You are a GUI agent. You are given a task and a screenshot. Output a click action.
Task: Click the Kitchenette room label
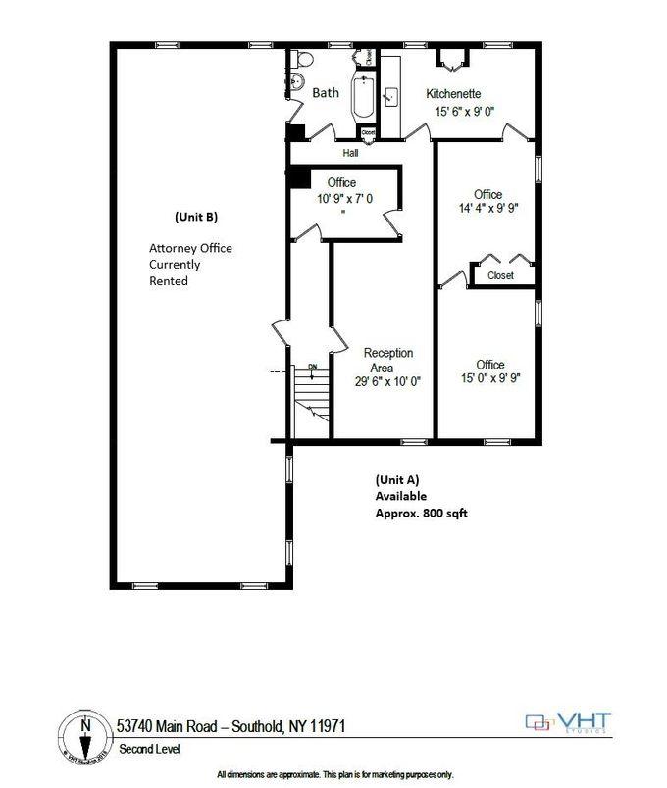pyautogui.click(x=452, y=94)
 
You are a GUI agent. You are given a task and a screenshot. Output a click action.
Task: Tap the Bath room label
pyautogui.click(x=326, y=93)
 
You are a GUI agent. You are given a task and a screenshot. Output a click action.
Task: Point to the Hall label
pyautogui.click(x=350, y=153)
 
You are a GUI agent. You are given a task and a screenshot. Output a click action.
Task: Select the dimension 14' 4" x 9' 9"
pyautogui.click(x=487, y=209)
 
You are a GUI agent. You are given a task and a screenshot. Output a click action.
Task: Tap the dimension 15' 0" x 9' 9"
pyautogui.click(x=489, y=378)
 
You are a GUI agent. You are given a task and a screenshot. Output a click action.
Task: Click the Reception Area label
pyautogui.click(x=388, y=360)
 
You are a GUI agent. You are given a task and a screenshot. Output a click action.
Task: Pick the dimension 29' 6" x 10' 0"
pyautogui.click(x=388, y=383)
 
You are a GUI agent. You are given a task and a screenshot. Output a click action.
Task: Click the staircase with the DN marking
pyautogui.click(x=311, y=392)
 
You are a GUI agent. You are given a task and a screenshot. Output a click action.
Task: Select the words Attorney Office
pyautogui.click(x=190, y=248)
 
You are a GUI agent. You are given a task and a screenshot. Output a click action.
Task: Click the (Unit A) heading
pyautogui.click(x=397, y=480)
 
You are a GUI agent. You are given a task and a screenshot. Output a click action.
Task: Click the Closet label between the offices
pyautogui.click(x=500, y=276)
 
